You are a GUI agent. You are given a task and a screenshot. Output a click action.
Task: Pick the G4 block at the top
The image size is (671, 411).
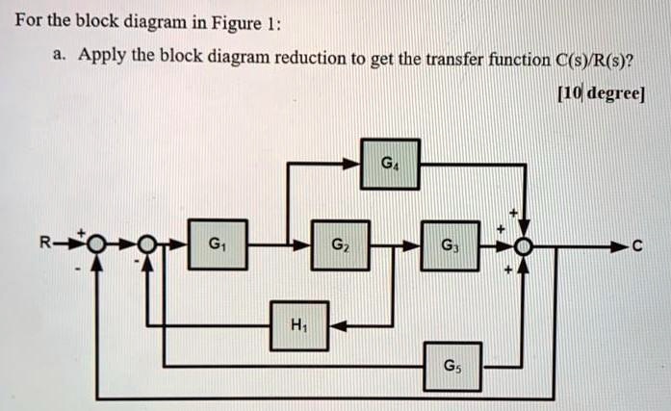tap(388, 164)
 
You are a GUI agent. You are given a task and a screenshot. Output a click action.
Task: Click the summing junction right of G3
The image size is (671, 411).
tap(524, 246)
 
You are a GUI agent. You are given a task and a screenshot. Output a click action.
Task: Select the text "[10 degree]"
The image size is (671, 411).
tap(602, 94)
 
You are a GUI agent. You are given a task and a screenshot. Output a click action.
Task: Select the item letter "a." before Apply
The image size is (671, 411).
tap(60, 59)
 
